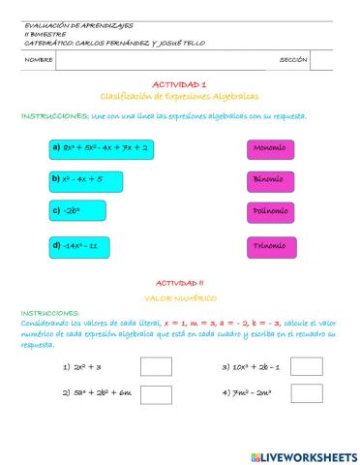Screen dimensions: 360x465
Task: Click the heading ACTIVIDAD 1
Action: click(180, 85)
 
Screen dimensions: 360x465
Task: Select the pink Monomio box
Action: click(271, 148)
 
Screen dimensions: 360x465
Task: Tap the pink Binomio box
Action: click(271, 180)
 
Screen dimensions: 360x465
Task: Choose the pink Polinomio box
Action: click(271, 212)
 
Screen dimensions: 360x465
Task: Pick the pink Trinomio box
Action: click(271, 245)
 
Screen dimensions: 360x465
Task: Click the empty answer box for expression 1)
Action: click(154, 367)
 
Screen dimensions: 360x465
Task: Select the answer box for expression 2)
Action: click(154, 393)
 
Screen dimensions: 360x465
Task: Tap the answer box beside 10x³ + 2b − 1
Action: click(306, 367)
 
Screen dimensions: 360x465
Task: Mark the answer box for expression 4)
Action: click(306, 393)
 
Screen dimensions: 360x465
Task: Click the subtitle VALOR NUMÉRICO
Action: click(180, 298)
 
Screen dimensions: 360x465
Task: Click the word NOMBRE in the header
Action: click(39, 60)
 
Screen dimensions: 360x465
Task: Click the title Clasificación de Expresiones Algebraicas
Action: click(180, 97)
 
